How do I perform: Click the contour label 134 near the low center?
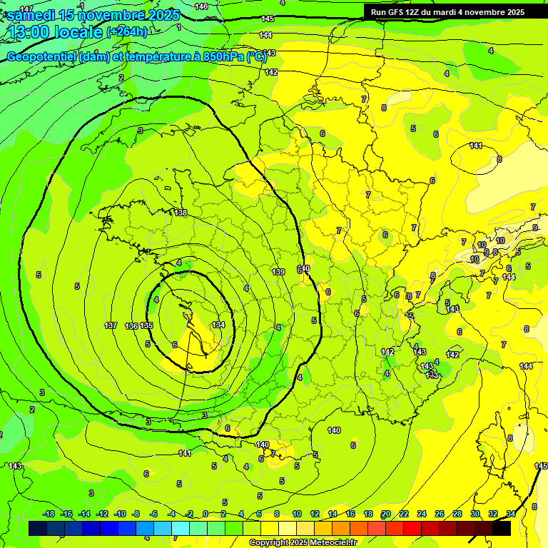click(218, 325)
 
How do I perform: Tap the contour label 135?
click(146, 325)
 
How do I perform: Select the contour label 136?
click(131, 326)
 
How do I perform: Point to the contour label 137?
click(111, 325)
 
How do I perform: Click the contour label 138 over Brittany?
click(181, 213)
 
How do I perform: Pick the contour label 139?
click(279, 272)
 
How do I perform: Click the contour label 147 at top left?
click(26, 7)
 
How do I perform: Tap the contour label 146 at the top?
click(202, 6)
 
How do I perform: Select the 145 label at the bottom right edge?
click(541, 466)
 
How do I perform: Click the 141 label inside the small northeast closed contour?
click(476, 146)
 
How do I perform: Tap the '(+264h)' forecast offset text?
click(127, 32)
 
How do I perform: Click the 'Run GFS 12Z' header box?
click(447, 12)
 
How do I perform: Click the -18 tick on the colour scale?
click(49, 514)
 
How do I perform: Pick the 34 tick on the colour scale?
click(511, 514)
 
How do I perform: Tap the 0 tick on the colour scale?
click(205, 514)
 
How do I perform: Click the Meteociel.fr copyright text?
click(302, 542)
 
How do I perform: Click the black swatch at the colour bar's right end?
click(502, 529)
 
